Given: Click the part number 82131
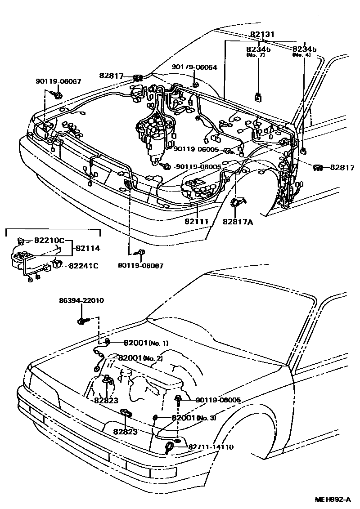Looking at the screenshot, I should click(x=262, y=34).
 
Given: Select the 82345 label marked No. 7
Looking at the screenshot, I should click(x=258, y=49).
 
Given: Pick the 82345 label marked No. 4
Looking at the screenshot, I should click(x=304, y=49).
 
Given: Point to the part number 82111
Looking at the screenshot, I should click(x=196, y=221).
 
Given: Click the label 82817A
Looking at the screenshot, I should click(x=238, y=221).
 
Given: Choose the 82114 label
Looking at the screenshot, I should click(x=88, y=248).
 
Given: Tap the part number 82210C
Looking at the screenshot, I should click(x=49, y=241).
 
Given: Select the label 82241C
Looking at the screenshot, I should click(x=83, y=266).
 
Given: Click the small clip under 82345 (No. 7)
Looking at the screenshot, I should click(x=259, y=97).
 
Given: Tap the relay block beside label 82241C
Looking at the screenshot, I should click(x=58, y=264).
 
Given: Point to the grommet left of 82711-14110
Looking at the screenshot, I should click(x=170, y=447).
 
